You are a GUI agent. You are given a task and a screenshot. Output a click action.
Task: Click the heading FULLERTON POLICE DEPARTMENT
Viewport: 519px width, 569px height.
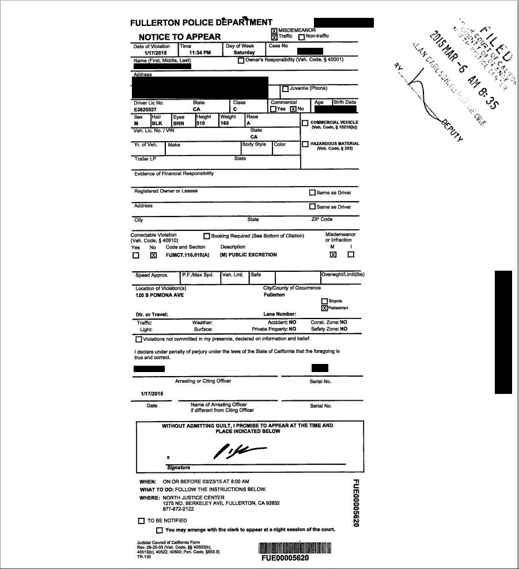[x=201, y=22]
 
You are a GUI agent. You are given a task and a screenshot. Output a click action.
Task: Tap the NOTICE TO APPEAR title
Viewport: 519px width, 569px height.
[x=180, y=37]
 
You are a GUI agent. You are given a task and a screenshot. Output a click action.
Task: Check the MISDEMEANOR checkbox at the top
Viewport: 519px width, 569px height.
[x=274, y=30]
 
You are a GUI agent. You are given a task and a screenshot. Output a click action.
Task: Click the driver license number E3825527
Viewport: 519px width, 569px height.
[x=147, y=108]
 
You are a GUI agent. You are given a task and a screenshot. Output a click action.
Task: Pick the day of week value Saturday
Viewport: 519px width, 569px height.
[x=240, y=52]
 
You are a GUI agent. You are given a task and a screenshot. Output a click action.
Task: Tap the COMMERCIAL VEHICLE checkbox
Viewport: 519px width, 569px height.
[x=305, y=123]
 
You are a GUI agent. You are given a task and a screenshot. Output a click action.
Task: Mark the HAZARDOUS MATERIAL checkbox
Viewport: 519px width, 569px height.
[x=305, y=144]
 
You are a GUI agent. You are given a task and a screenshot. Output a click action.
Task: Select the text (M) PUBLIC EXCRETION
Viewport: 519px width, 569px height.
[x=248, y=255]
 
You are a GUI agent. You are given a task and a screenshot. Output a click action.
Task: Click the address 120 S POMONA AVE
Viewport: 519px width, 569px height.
[x=158, y=295]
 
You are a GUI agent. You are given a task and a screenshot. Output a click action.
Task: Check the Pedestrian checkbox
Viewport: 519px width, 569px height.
[x=324, y=308]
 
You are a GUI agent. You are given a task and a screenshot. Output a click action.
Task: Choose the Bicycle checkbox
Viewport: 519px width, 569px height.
[x=324, y=301]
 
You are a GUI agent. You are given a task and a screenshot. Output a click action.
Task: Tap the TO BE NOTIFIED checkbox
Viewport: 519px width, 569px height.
[x=141, y=521]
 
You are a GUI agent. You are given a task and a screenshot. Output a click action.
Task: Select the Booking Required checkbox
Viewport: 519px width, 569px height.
[x=206, y=236]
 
